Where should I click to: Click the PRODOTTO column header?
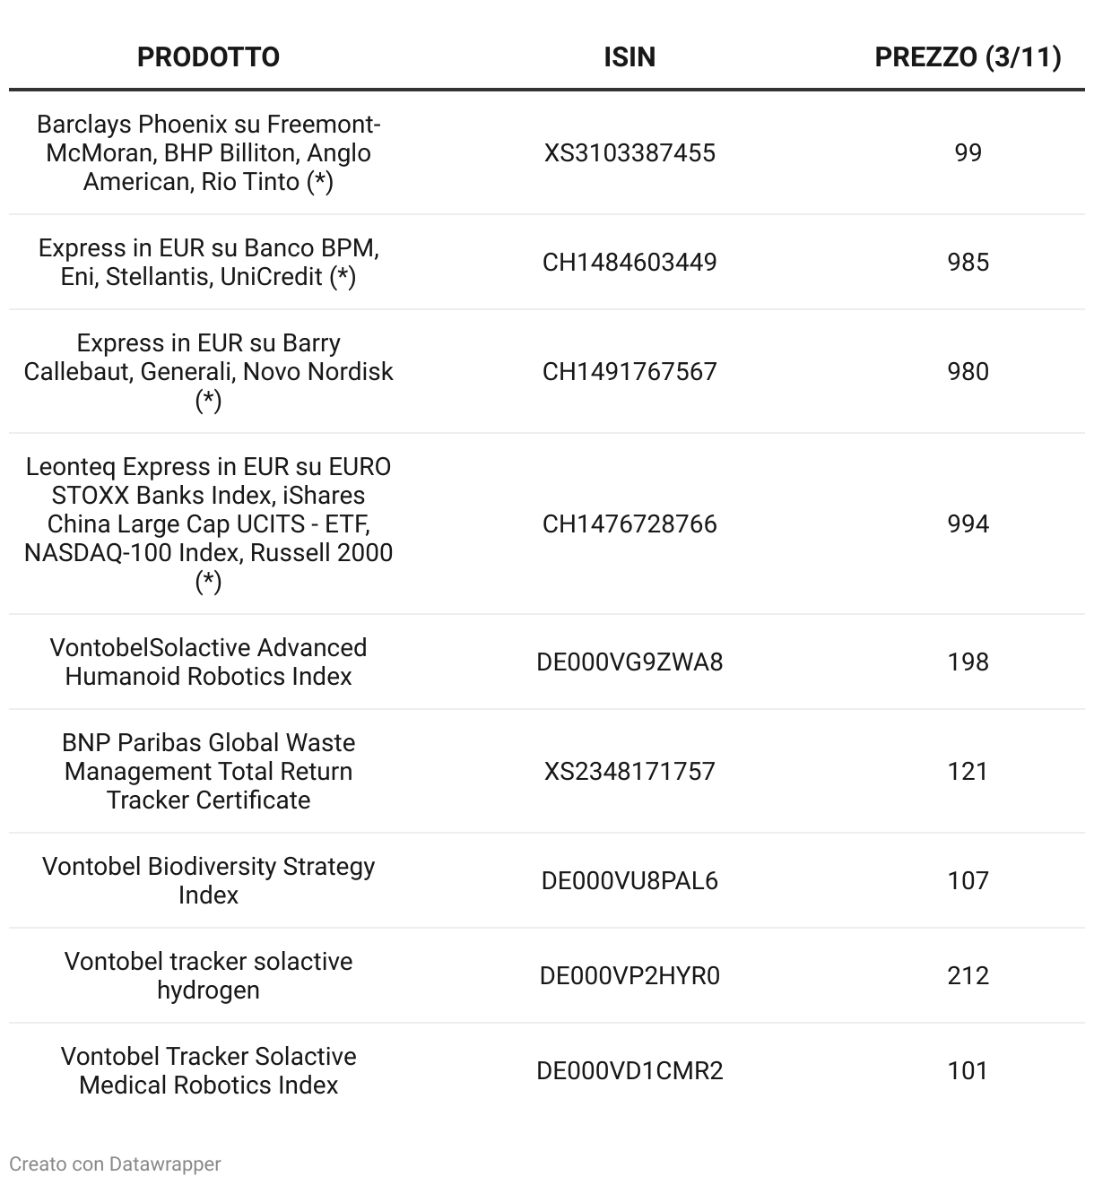208,57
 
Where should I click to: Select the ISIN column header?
629,57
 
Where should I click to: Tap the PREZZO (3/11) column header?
968,57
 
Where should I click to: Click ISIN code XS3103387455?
629,153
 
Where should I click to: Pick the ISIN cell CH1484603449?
629,263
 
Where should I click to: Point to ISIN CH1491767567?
629,372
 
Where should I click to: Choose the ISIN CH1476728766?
629,524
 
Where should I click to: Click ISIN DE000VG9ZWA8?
629,662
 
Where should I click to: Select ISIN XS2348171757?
629,772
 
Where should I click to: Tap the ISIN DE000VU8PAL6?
629,881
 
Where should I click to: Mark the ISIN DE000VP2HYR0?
629,976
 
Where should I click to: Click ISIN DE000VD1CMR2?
629,1071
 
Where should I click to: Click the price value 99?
968,153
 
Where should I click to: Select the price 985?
968,263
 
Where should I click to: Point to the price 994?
968,524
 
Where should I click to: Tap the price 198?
968,662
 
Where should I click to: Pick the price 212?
968,976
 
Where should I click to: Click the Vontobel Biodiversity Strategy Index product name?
208,881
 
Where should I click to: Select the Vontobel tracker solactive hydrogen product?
208,976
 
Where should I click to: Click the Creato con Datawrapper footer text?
115,1164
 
